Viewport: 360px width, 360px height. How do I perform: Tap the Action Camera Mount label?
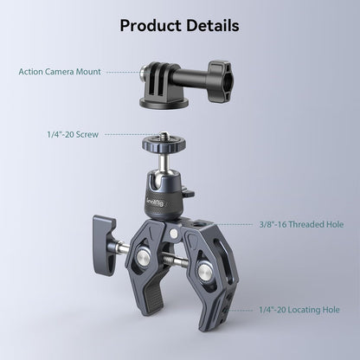pos(59,72)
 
